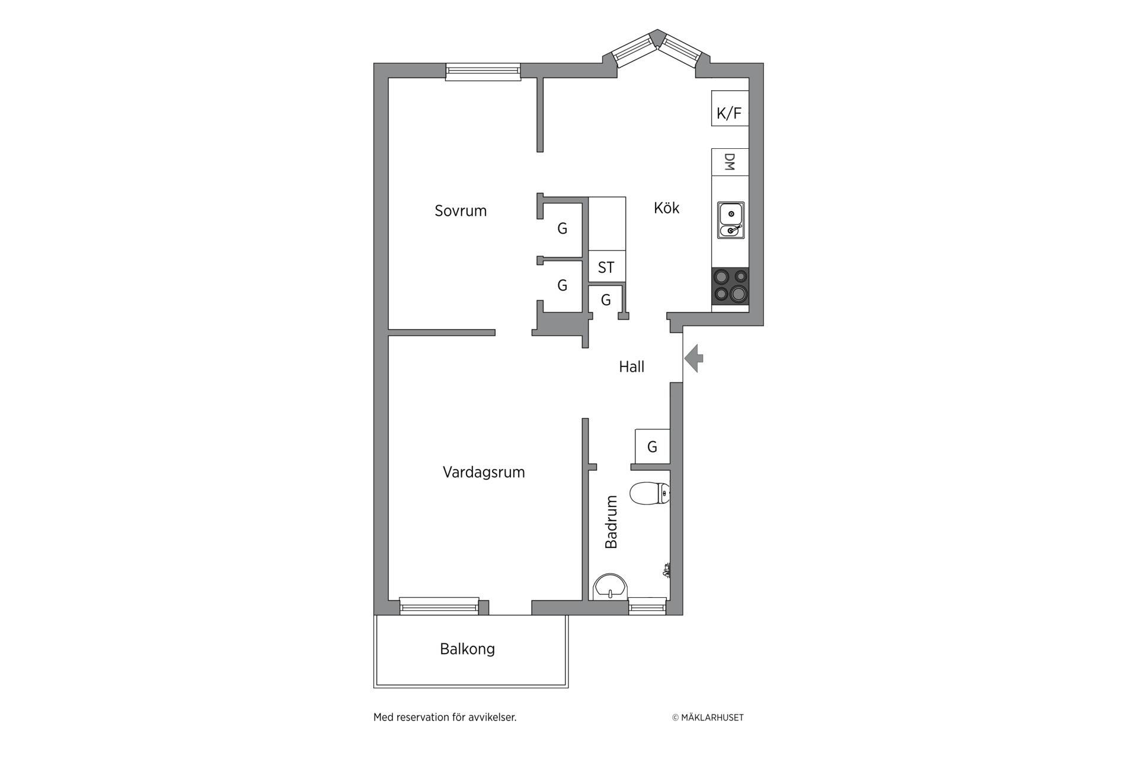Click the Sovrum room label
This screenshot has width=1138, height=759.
coord(461,211)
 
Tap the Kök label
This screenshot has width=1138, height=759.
coord(667,208)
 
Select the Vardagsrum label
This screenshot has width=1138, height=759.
coord(484,473)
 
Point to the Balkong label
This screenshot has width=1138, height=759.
coord(467,649)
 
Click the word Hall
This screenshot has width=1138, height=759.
coord(632,367)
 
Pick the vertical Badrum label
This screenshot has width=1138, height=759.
coord(611,522)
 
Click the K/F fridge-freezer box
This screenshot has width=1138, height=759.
coord(730,108)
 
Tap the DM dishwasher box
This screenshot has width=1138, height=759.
coord(730,162)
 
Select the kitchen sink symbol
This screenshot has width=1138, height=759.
coord(731,220)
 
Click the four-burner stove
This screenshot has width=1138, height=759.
coord(730,286)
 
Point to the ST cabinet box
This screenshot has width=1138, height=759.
coord(607,266)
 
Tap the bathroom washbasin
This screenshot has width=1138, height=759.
coord(610,586)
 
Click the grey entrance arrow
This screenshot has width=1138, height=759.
coord(694,358)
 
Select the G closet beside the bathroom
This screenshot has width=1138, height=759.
coord(652,446)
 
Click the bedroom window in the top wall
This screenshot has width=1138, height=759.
coord(483,71)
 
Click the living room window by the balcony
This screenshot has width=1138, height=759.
coord(439,606)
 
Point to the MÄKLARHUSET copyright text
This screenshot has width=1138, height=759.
coord(708,717)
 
